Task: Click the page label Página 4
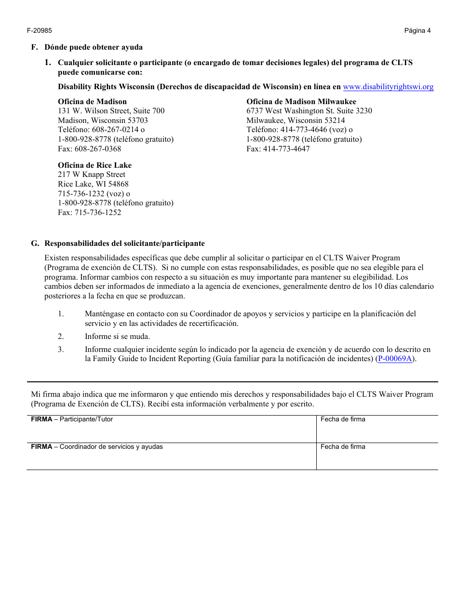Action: (x=418, y=31)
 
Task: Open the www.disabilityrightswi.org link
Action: (x=388, y=87)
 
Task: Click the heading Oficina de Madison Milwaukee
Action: (x=301, y=102)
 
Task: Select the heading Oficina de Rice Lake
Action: (x=94, y=165)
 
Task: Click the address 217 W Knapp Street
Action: (x=92, y=175)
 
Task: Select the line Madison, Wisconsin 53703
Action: (x=103, y=121)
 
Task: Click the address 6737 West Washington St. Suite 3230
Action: (x=309, y=111)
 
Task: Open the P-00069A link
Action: (x=395, y=359)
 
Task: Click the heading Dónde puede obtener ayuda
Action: (x=94, y=47)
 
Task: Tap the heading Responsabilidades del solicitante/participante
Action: (x=124, y=243)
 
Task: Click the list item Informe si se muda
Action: (x=117, y=337)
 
